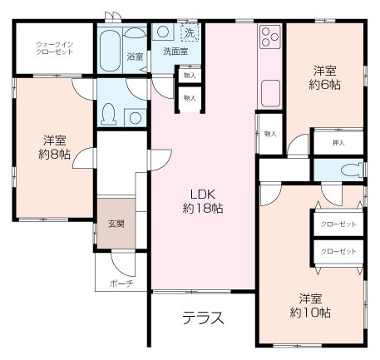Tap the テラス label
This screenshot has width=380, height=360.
202,318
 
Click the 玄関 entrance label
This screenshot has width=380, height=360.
115,224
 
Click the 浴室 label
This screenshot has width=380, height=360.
135,57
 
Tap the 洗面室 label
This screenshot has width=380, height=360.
175,52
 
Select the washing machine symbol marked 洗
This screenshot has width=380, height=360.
190,33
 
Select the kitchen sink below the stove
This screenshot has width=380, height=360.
269,91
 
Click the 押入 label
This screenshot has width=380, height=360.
338,142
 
